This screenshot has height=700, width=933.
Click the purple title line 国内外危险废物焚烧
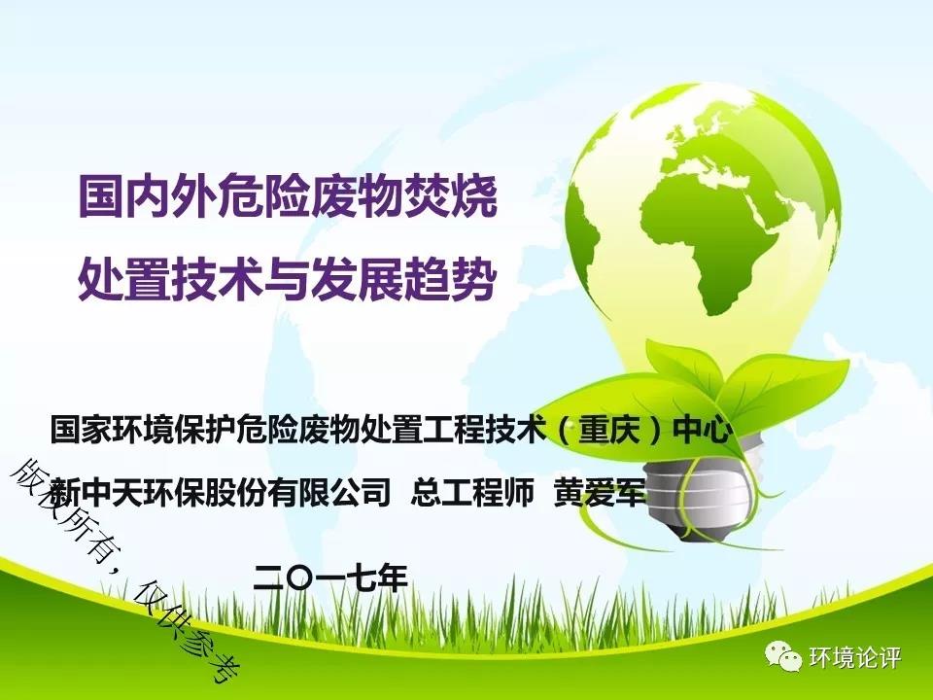[288, 195]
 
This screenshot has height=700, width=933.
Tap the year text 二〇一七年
[330, 577]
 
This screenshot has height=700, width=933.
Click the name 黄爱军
[600, 493]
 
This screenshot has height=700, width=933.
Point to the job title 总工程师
[472, 493]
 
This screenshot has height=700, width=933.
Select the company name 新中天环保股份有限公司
[221, 493]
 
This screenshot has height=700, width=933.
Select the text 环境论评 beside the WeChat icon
[855, 658]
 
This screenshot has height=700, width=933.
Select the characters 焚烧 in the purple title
[451, 195]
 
